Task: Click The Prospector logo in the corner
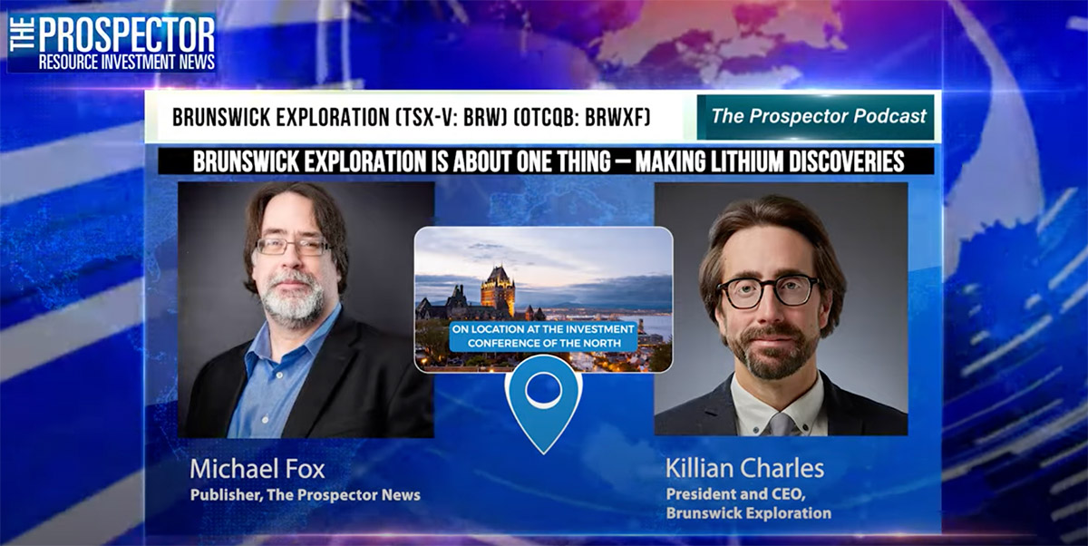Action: click(112, 43)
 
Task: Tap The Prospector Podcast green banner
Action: click(815, 117)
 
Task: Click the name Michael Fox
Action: click(257, 469)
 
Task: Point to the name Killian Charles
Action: click(744, 468)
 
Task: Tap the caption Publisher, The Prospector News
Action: click(305, 495)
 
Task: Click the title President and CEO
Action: click(736, 494)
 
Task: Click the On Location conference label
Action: click(543, 336)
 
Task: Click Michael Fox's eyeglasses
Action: click(292, 247)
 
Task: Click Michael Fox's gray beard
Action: click(293, 297)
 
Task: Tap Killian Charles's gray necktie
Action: click(781, 424)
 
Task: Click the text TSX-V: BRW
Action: click(452, 117)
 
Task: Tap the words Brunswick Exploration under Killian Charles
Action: click(749, 513)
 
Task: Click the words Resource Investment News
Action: click(127, 63)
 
